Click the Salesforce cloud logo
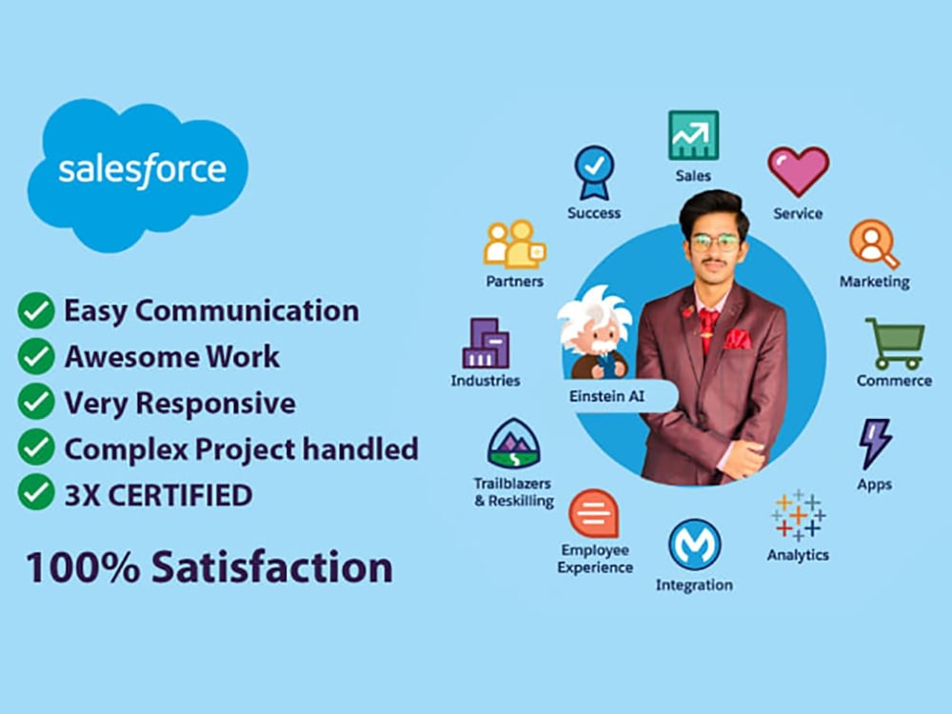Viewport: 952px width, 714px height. point(141,171)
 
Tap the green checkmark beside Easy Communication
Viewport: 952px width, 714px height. point(36,310)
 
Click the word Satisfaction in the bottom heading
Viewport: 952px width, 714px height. point(272,566)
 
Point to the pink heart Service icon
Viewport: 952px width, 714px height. point(798,171)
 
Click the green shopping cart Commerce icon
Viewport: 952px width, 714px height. point(894,344)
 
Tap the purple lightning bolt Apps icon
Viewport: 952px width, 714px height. point(874,443)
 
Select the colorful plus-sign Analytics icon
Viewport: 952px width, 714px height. point(798,515)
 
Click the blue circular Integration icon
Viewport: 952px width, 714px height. point(694,545)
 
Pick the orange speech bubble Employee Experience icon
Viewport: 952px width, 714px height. point(593,513)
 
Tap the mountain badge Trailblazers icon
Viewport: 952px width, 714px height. point(513,443)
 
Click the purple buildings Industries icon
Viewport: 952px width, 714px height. point(486,344)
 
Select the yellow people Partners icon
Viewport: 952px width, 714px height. point(514,245)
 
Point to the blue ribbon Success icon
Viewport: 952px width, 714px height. point(593,172)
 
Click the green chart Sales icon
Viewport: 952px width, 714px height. point(693,135)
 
